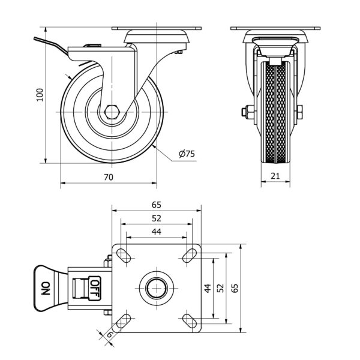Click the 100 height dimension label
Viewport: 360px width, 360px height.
click(40, 95)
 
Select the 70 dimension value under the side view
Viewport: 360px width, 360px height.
click(109, 177)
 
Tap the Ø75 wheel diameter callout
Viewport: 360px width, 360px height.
click(187, 154)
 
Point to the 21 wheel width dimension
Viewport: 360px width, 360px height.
click(275, 176)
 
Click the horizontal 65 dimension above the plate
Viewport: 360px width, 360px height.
click(157, 205)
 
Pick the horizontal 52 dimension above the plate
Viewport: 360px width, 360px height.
click(157, 218)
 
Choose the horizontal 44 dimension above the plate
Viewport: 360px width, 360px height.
click(157, 232)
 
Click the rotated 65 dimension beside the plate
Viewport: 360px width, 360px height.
click(235, 288)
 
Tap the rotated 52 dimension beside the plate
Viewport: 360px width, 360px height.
click(220, 288)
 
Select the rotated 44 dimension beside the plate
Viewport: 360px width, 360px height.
click(208, 288)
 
